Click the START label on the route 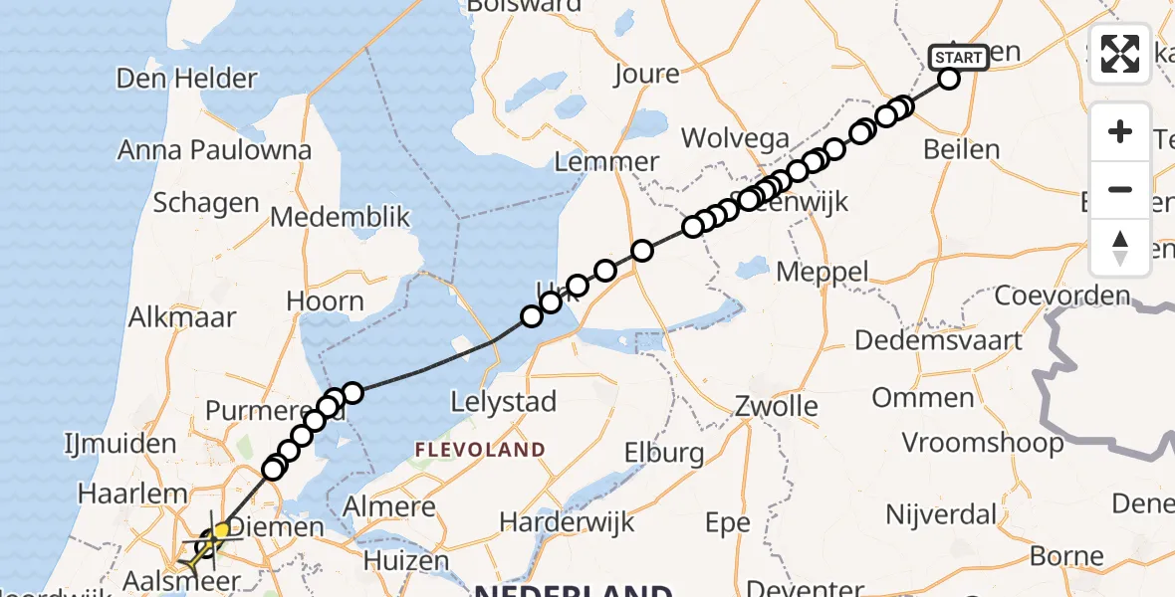(959, 58)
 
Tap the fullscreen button (1120, 54)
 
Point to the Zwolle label (777, 406)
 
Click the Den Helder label (187, 79)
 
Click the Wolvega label (736, 139)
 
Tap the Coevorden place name (1063, 296)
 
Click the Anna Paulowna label (214, 150)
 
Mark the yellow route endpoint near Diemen (221, 529)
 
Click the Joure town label (646, 74)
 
